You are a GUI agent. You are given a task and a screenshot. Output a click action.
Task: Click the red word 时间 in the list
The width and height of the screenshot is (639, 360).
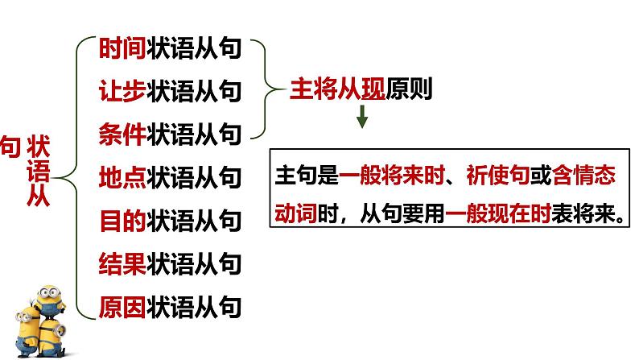(x=122, y=48)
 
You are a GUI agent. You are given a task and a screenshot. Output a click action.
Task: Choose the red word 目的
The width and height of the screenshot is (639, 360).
(x=122, y=219)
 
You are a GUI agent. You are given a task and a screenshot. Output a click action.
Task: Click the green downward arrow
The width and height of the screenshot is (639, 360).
(x=362, y=119)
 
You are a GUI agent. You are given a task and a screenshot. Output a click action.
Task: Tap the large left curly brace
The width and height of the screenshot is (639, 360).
(x=76, y=176)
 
